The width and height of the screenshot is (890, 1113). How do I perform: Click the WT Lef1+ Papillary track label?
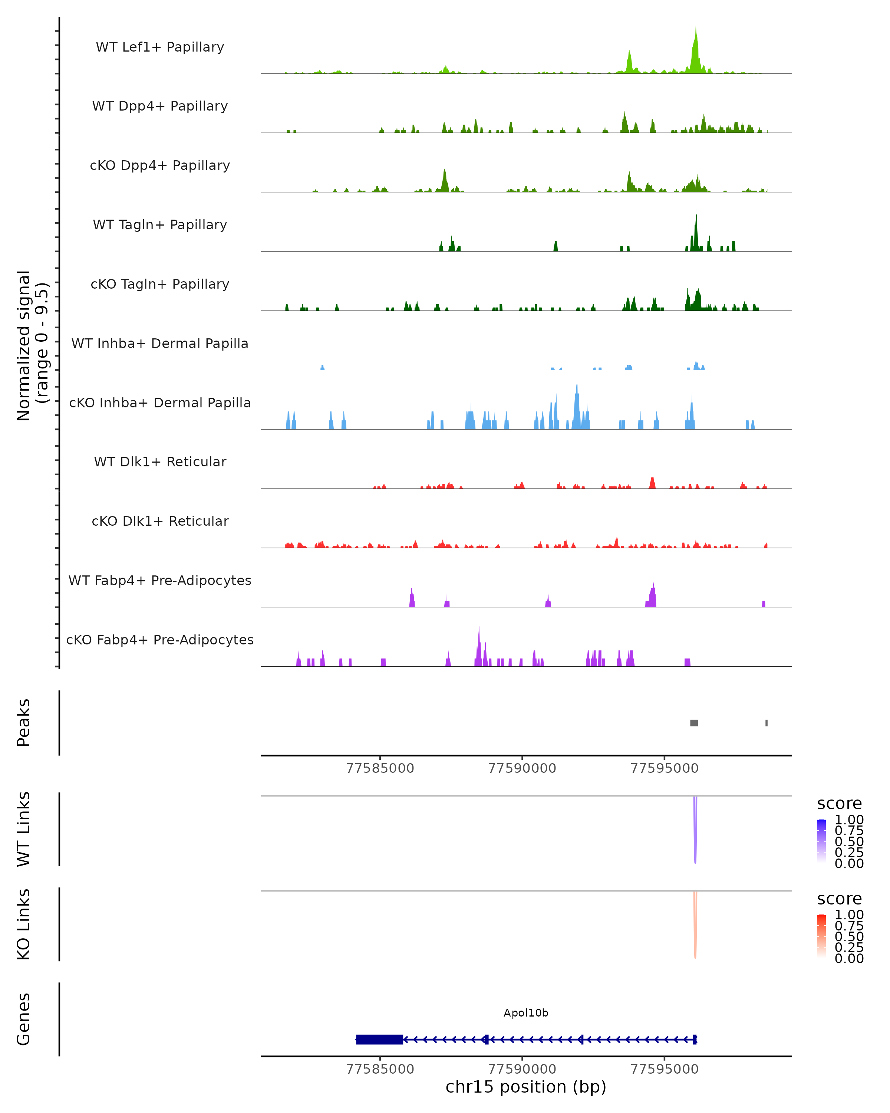tap(160, 47)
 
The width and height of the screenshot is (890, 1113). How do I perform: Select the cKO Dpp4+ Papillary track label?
tap(160, 165)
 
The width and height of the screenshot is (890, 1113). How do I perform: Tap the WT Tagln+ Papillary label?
tap(160, 224)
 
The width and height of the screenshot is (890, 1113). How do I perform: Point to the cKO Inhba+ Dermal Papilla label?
tap(160, 403)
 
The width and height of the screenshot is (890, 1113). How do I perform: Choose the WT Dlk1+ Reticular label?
tap(160, 462)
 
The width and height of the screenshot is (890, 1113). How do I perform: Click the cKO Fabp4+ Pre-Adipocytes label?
tap(160, 640)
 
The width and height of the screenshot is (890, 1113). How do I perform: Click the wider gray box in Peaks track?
tap(694, 723)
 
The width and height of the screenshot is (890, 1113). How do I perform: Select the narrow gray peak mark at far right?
tap(766, 723)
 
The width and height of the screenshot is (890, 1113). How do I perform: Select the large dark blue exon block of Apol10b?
tap(379, 1039)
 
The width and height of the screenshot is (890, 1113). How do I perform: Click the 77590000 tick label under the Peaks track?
tap(522, 768)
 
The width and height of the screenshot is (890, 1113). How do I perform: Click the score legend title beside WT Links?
tap(839, 803)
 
